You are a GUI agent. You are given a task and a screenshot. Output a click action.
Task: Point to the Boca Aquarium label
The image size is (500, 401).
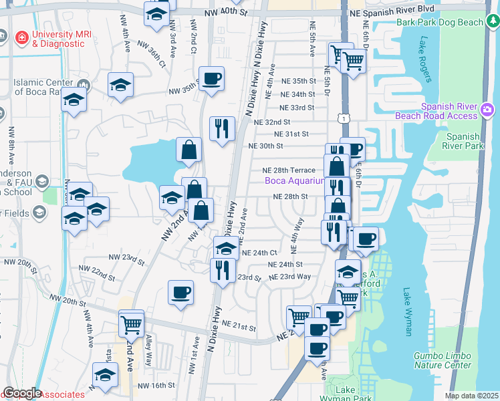pyautogui.click(x=294, y=180)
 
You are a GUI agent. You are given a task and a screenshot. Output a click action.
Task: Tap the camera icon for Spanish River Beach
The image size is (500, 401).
pyautogui.click(x=488, y=109)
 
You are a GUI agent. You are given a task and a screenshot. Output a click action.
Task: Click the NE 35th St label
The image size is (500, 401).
pyautogui.click(x=293, y=81)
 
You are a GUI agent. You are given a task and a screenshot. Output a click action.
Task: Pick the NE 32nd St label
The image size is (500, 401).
pyautogui.click(x=273, y=122)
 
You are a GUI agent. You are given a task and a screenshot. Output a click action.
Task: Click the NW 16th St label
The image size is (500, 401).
pyautogui.click(x=156, y=386)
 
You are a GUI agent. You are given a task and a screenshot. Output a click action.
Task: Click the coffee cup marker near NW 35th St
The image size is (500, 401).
pyautogui.click(x=211, y=80)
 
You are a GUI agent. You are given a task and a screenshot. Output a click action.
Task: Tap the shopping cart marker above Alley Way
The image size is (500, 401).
pyautogui.click(x=132, y=325)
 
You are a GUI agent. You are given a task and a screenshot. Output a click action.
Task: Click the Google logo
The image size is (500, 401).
pyautogui.click(x=21, y=393)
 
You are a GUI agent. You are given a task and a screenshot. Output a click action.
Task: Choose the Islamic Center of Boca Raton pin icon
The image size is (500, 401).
pyautogui.click(x=84, y=84)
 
